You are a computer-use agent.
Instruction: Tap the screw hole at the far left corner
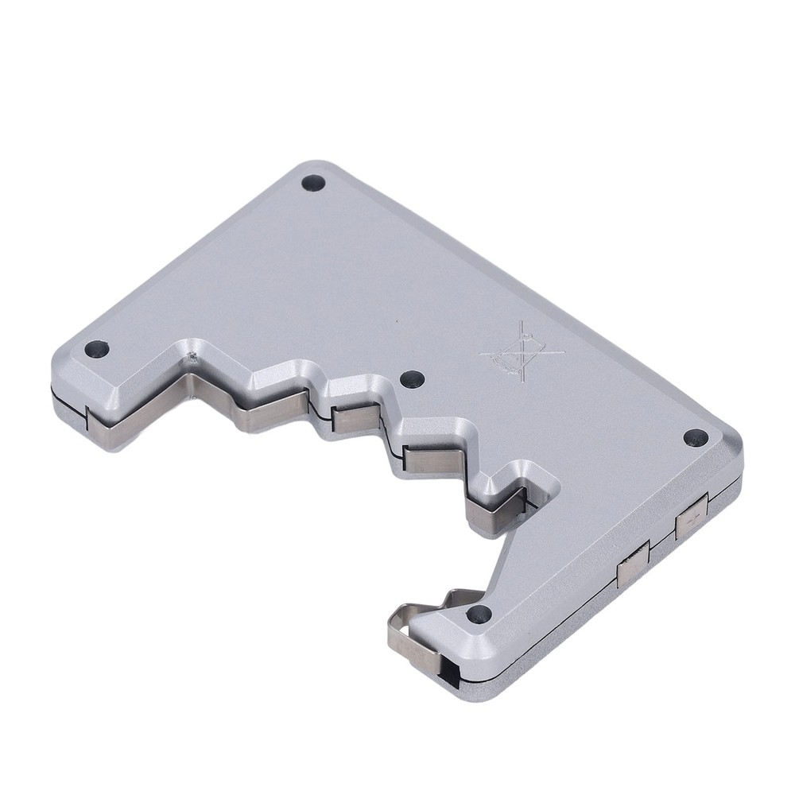tap(96, 347)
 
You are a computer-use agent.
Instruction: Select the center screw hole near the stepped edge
tap(411, 379)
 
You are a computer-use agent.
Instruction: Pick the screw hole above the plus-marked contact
tap(695, 436)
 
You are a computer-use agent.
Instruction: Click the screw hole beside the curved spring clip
tap(478, 613)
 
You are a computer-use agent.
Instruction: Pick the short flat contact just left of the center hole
tap(350, 419)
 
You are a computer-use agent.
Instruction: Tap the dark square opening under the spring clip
tap(451, 674)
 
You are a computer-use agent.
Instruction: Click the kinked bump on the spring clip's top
tap(449, 599)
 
